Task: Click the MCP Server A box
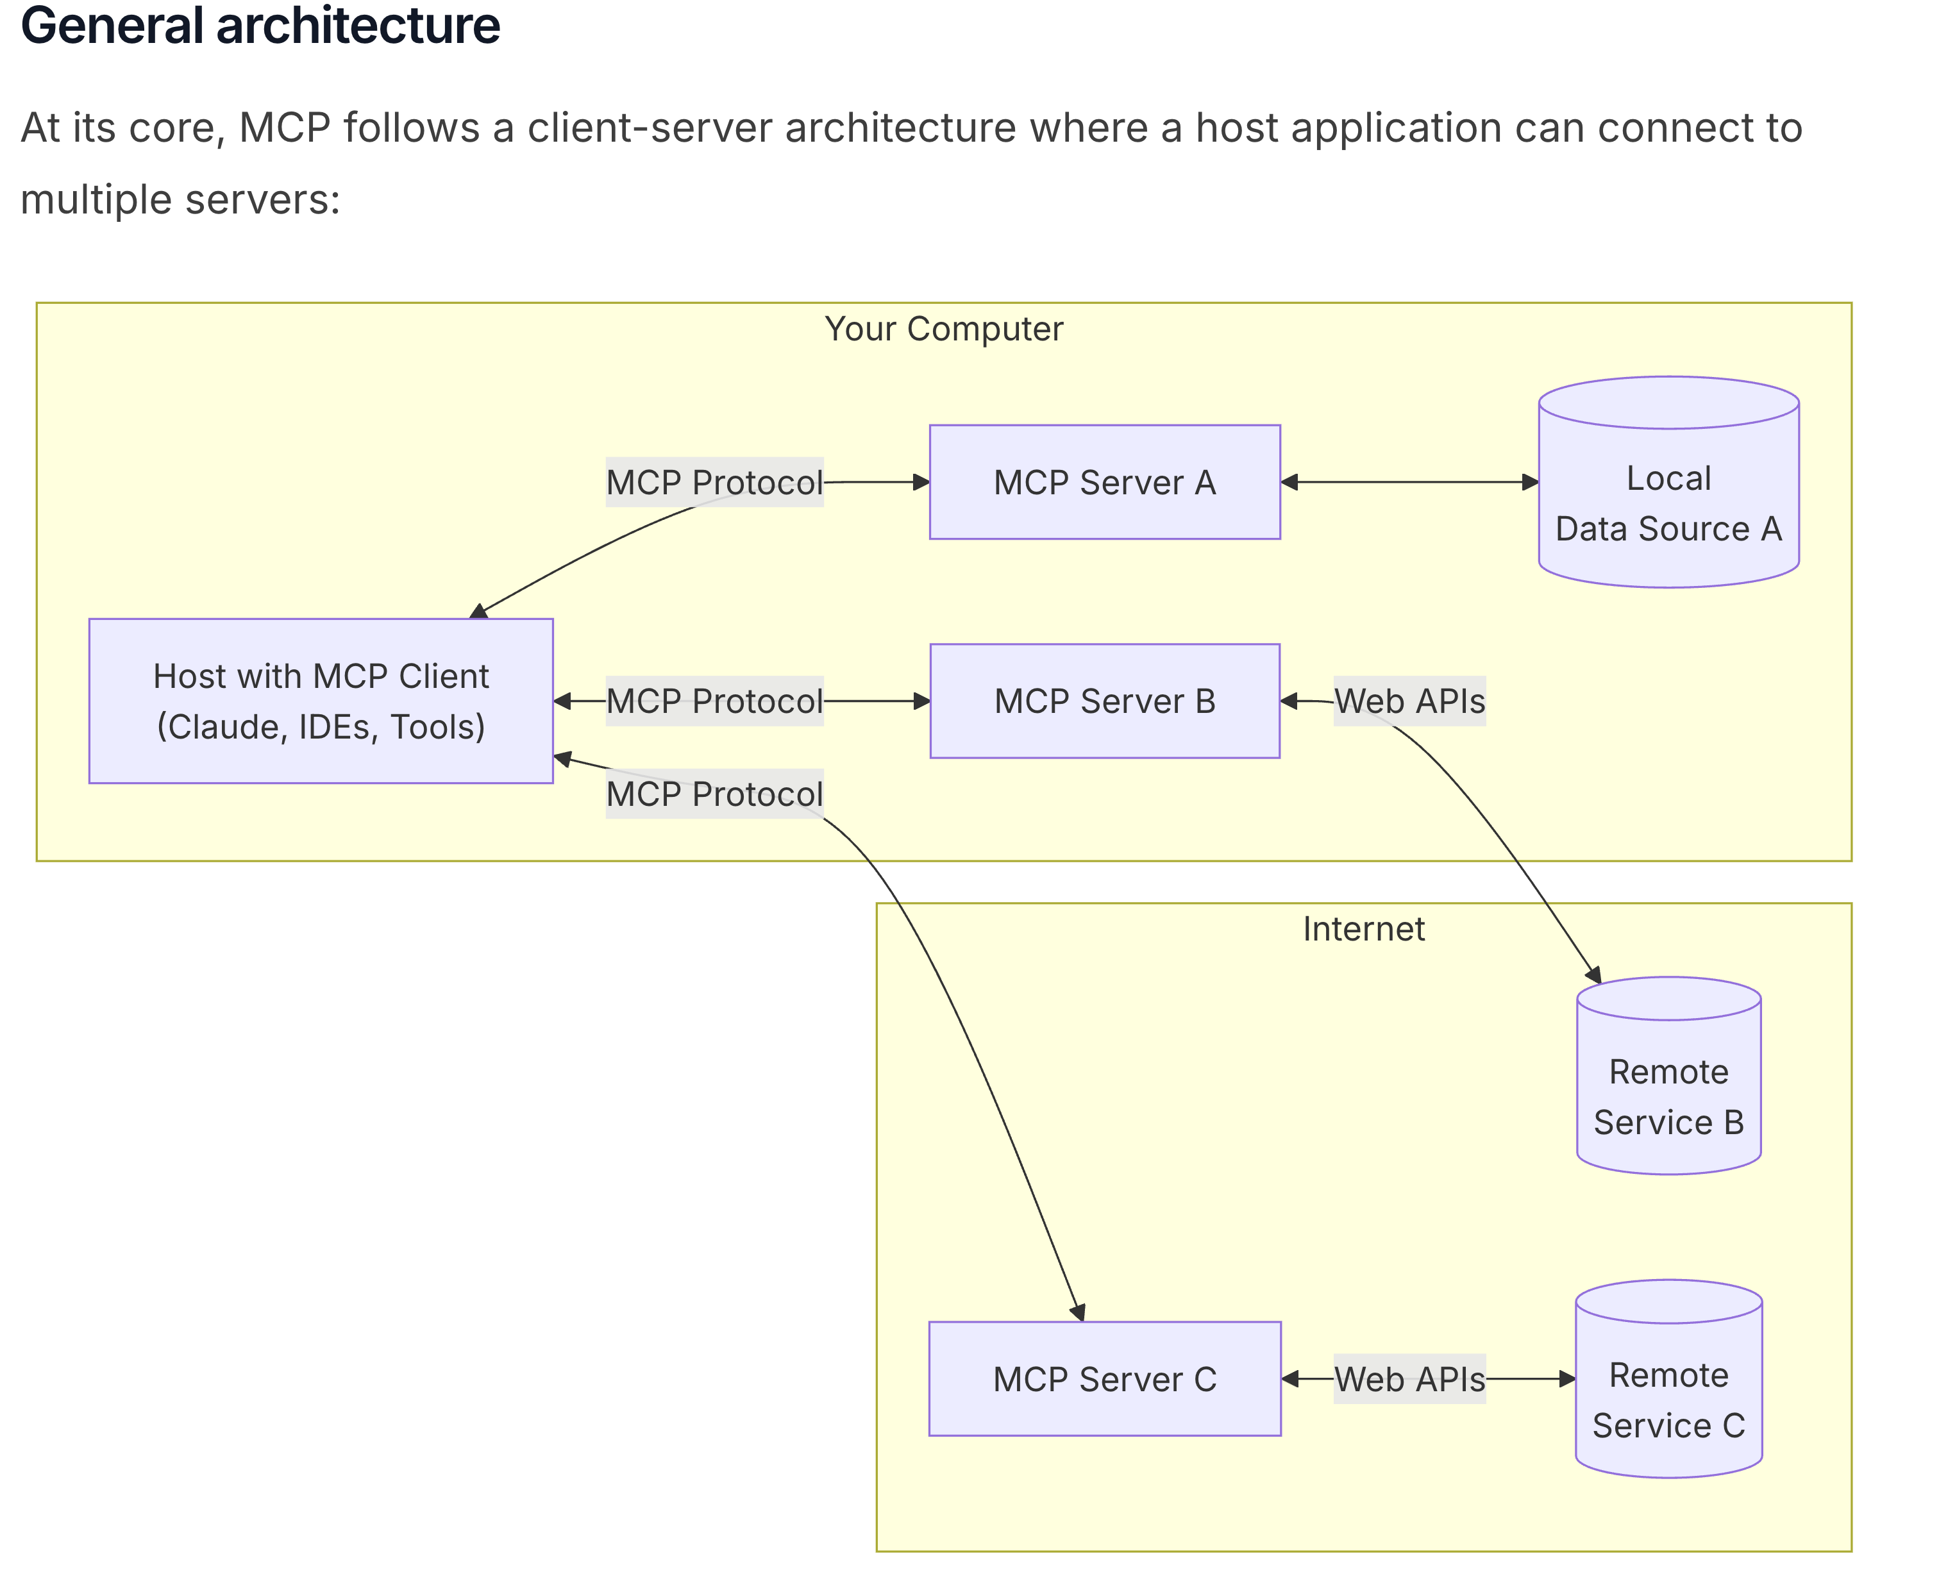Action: [1105, 481]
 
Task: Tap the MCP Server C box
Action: [1105, 1379]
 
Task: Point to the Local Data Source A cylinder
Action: [1668, 481]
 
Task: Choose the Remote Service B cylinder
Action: [1668, 1076]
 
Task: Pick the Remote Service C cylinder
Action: [1668, 1379]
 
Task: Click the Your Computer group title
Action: [943, 329]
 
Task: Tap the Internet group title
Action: [1363, 929]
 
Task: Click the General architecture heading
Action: [260, 26]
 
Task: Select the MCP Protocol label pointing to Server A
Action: [715, 481]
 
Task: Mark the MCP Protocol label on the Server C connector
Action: [715, 794]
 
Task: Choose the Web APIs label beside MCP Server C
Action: [1410, 1379]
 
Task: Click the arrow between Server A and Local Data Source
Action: [1410, 481]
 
